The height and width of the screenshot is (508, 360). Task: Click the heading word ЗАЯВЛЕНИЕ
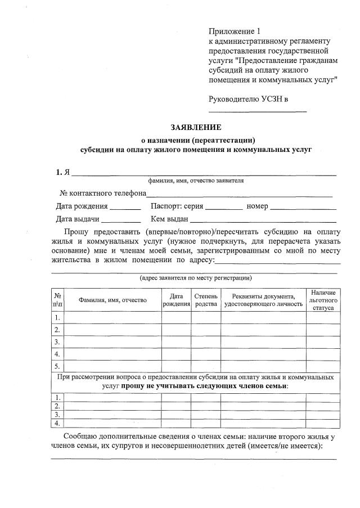[196, 127]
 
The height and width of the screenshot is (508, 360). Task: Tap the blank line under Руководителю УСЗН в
[258, 111]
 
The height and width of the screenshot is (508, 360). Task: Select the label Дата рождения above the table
[82, 206]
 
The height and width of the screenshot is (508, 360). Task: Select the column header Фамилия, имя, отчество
[112, 300]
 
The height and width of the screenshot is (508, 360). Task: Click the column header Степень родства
[205, 300]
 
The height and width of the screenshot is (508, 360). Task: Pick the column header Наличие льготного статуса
[322, 300]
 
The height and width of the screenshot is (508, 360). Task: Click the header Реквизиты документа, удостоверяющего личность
[263, 300]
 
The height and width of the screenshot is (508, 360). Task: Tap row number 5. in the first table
[57, 366]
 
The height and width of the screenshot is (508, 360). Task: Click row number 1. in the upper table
[57, 317]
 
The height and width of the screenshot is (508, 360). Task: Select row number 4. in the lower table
[57, 422]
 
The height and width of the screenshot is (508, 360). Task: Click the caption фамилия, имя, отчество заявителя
[196, 181]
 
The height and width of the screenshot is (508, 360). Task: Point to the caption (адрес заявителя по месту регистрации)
[195, 278]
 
